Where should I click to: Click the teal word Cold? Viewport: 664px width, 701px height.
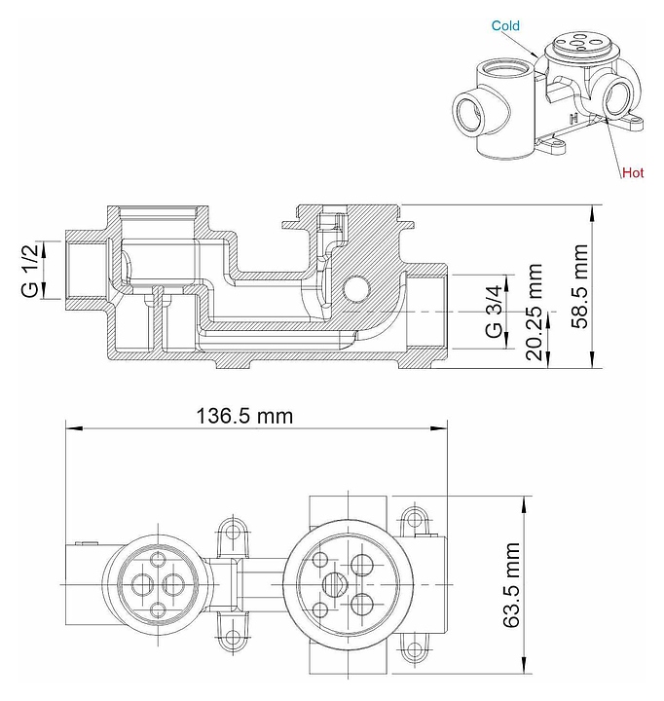tap(505, 26)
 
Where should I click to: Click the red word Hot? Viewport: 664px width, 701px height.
tap(634, 173)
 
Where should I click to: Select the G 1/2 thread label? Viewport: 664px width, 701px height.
tap(30, 271)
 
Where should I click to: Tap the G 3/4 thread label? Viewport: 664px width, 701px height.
tap(496, 311)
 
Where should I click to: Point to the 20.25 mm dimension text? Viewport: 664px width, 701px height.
tap(533, 310)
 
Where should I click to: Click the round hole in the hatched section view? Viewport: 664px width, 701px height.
tap(355, 288)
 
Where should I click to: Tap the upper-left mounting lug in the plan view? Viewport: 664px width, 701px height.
tap(232, 532)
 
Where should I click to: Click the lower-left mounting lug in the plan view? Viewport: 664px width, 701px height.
tap(232, 639)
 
